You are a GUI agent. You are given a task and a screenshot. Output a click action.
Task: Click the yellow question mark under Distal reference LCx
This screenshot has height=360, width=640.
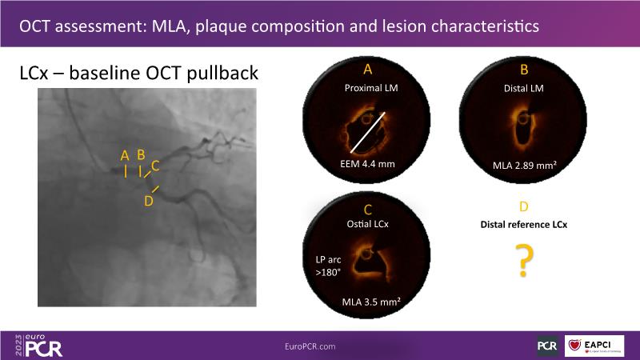pyautogui.click(x=524, y=261)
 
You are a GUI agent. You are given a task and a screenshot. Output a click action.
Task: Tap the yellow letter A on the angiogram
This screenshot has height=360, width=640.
pyautogui.click(x=125, y=155)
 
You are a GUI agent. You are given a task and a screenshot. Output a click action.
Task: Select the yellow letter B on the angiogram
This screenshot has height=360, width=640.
pyautogui.click(x=141, y=154)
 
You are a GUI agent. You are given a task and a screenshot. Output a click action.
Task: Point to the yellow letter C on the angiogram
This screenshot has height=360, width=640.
pyautogui.click(x=155, y=166)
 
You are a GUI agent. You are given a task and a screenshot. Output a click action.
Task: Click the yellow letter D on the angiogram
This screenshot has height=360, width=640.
pyautogui.click(x=149, y=201)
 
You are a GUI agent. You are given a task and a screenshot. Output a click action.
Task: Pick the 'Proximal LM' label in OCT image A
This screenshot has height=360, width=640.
pyautogui.click(x=371, y=88)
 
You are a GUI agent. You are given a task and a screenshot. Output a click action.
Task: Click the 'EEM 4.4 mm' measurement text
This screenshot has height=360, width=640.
pyautogui.click(x=367, y=164)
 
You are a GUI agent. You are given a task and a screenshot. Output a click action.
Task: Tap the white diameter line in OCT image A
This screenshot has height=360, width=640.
pyautogui.click(x=367, y=133)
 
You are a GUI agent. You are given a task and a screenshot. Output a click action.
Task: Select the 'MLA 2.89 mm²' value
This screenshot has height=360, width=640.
pyautogui.click(x=525, y=166)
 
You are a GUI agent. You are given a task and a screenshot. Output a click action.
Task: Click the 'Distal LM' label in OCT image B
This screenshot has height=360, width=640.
pyautogui.click(x=524, y=88)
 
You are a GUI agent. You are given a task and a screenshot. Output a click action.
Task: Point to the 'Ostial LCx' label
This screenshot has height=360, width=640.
pyautogui.click(x=368, y=224)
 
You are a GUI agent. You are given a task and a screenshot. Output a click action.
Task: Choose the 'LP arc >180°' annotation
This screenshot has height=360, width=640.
pyautogui.click(x=328, y=266)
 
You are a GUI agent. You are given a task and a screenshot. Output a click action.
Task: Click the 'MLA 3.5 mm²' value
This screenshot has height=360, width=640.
pyautogui.click(x=371, y=302)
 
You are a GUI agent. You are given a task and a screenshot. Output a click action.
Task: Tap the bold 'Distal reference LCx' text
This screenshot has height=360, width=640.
pyautogui.click(x=524, y=225)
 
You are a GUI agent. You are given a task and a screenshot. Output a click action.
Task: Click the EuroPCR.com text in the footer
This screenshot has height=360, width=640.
pyautogui.click(x=310, y=346)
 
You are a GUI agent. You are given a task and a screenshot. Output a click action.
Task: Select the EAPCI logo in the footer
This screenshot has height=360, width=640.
pyautogui.click(x=594, y=346)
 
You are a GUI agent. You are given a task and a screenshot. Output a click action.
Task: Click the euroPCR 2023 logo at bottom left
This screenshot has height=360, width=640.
pyautogui.click(x=38, y=346)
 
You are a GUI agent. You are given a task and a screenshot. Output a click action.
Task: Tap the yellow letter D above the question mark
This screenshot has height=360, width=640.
pyautogui.click(x=524, y=206)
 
